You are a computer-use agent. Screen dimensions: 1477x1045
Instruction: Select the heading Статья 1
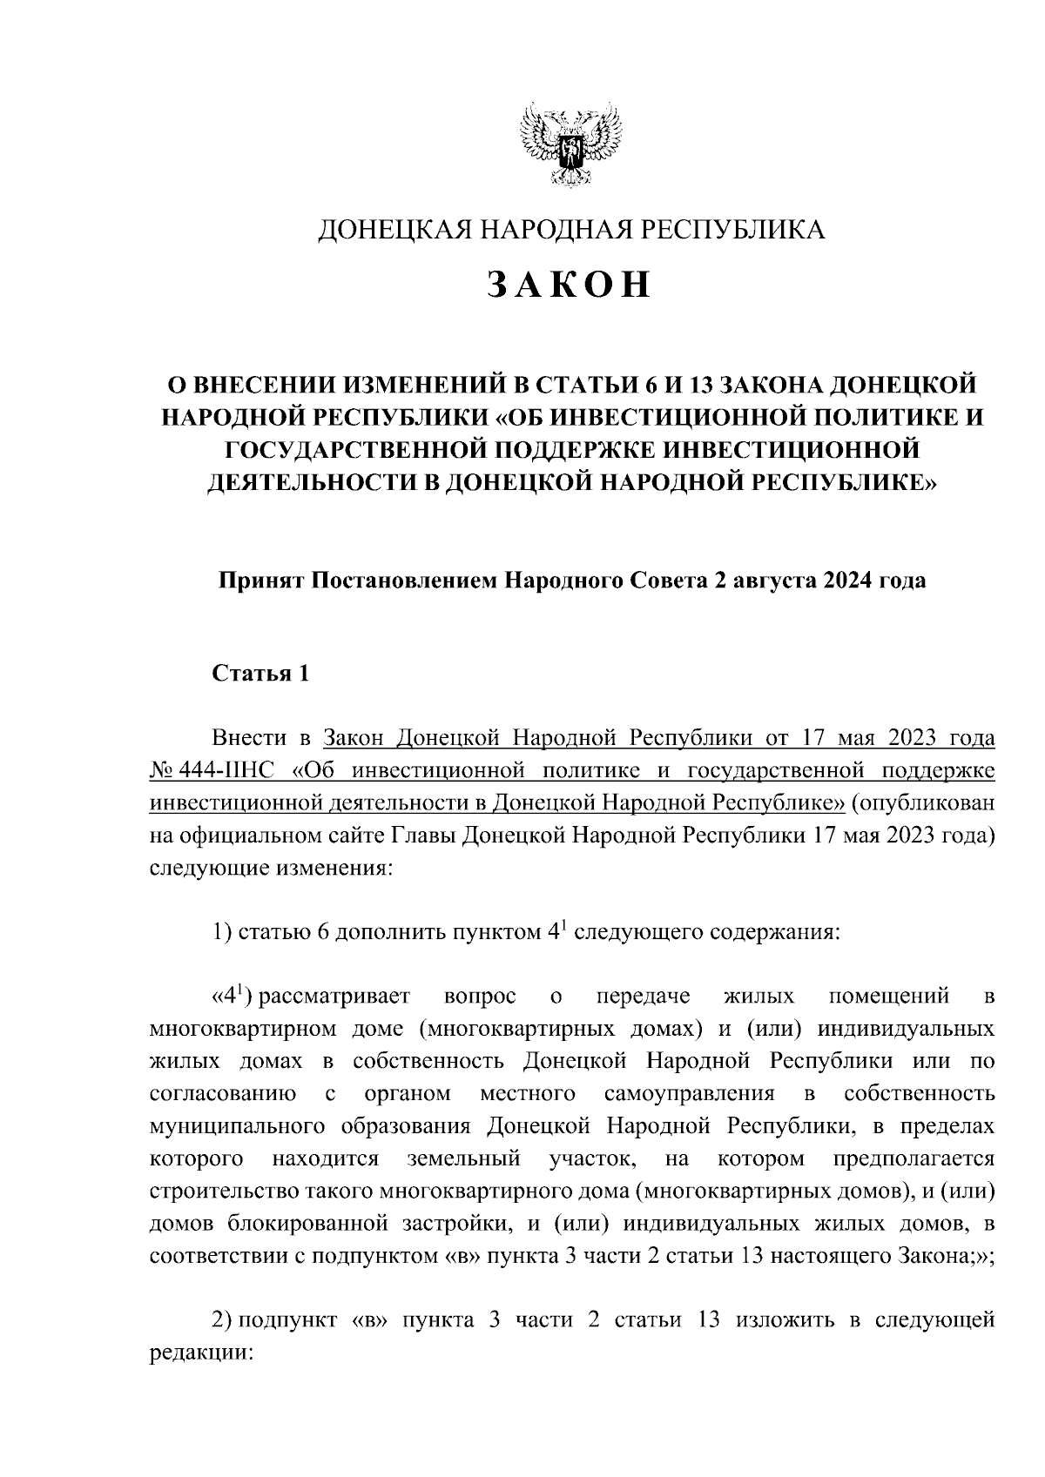point(260,675)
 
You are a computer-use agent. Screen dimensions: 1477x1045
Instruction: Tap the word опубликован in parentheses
point(929,802)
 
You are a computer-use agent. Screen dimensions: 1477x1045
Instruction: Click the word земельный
point(464,1159)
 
